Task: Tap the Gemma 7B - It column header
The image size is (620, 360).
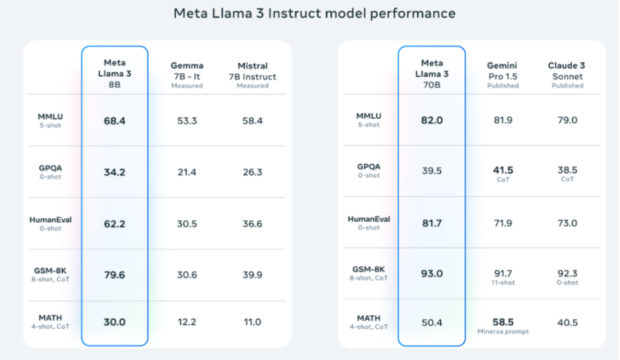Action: (x=186, y=75)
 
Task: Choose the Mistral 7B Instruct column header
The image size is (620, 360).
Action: (x=252, y=75)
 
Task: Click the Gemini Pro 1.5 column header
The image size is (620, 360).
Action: (x=503, y=74)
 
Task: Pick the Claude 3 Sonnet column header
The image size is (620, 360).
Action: (x=567, y=74)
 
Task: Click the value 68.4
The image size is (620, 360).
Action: (x=115, y=121)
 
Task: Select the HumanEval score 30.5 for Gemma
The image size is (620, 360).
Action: (x=186, y=223)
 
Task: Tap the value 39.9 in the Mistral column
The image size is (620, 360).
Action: (x=252, y=275)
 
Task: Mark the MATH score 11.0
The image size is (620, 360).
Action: (x=252, y=322)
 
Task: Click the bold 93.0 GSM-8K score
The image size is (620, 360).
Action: (x=431, y=274)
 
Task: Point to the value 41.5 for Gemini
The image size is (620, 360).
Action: (x=503, y=170)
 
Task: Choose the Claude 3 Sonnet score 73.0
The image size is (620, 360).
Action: (x=567, y=223)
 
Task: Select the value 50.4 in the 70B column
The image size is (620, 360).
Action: (x=431, y=322)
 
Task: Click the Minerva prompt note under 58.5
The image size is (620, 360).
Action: (x=503, y=331)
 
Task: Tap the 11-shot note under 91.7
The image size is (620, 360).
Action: (x=503, y=283)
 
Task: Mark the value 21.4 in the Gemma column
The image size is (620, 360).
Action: (x=186, y=172)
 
